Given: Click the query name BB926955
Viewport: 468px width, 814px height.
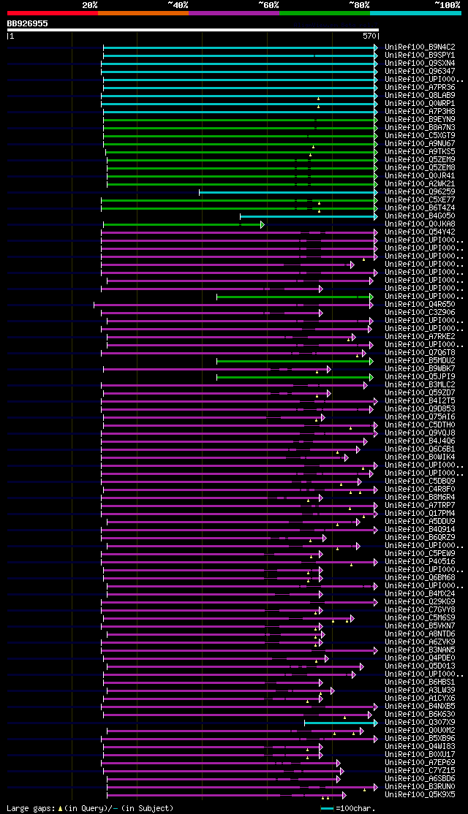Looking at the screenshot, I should [28, 23].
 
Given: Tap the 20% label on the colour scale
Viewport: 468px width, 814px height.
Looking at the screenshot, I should [90, 5].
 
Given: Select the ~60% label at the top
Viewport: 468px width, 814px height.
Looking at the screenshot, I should [268, 5].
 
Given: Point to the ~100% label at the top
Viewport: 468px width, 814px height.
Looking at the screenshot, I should [447, 5].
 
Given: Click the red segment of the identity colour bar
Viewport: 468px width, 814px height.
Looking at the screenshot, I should [52, 13].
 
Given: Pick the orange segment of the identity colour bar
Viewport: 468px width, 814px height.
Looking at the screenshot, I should [143, 13].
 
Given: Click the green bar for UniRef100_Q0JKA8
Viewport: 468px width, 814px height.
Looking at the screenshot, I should [182, 224].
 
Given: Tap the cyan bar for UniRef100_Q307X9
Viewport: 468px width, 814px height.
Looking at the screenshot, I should [340, 723].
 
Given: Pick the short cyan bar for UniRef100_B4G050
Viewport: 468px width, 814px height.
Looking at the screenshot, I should [308, 216].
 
